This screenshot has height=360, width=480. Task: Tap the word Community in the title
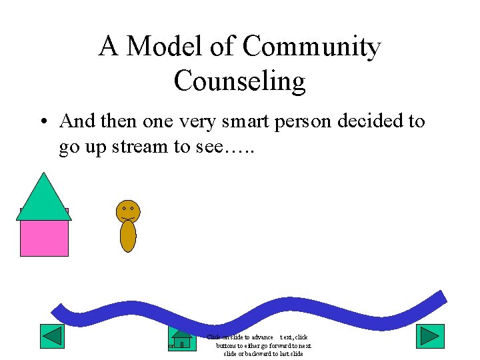(x=311, y=47)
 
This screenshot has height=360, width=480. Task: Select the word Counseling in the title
(x=239, y=81)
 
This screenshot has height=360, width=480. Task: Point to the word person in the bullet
(x=301, y=122)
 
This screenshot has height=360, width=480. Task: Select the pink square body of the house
(x=44, y=237)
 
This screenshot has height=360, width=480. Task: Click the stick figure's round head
(x=128, y=211)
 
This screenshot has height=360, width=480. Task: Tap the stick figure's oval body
(x=128, y=236)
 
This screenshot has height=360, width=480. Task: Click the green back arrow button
(x=52, y=336)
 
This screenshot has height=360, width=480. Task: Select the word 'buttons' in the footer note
(x=227, y=345)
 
